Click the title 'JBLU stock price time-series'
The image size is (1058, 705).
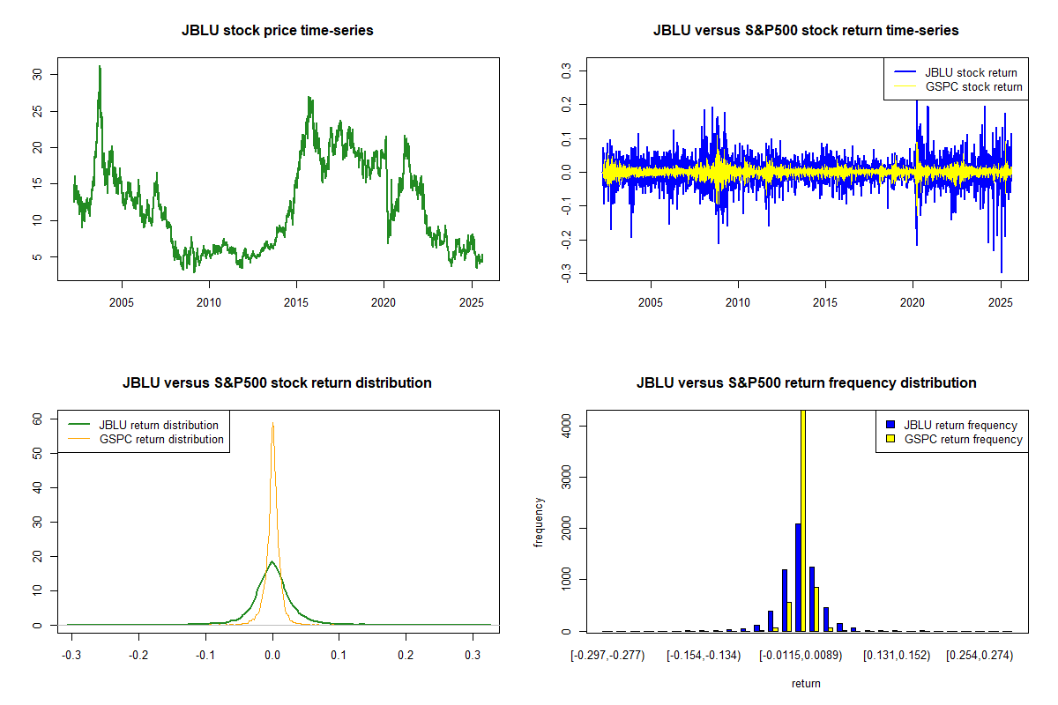coord(277,31)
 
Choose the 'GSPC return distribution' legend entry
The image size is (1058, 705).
coord(161,439)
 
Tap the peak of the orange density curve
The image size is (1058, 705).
coord(272,424)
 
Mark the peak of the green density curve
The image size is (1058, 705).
coord(272,561)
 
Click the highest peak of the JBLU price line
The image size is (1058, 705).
coord(100,66)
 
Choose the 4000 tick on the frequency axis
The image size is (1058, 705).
coord(567,426)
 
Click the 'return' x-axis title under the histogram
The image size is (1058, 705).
coord(806,683)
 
